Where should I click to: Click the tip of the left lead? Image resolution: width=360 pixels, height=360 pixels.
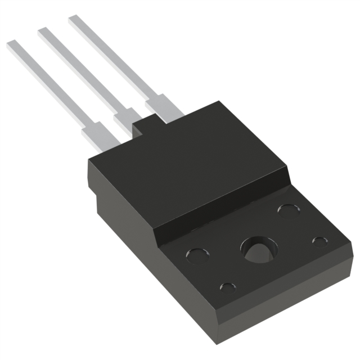click(12, 46)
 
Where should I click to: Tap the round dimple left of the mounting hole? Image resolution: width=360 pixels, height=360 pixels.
click(196, 255)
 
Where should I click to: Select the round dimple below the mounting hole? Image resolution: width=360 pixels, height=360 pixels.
click(228, 288)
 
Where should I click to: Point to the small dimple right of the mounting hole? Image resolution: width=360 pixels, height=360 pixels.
click(319, 242)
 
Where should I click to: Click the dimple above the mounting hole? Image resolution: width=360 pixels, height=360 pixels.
click(287, 210)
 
